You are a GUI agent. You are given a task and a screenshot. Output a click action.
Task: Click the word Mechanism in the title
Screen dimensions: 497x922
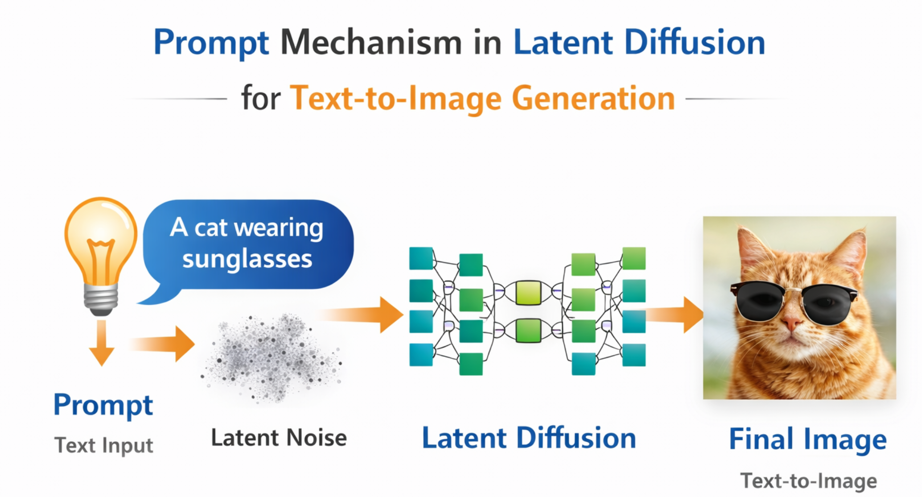(x=370, y=43)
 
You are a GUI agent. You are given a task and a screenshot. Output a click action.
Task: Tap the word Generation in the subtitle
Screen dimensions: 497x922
(x=593, y=98)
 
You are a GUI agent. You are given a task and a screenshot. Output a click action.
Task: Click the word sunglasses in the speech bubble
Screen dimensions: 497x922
(x=247, y=259)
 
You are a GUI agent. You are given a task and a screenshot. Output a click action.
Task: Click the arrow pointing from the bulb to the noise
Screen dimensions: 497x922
(x=165, y=344)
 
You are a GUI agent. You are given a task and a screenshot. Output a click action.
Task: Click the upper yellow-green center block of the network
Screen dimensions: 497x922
(x=528, y=292)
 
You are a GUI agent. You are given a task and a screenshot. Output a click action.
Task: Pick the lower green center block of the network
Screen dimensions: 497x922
(x=528, y=331)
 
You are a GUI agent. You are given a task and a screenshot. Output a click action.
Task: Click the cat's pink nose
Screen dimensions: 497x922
(x=792, y=323)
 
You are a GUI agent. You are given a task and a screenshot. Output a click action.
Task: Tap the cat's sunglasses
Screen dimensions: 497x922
(x=793, y=301)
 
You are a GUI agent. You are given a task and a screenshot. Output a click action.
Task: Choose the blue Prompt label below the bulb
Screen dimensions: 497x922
(x=103, y=405)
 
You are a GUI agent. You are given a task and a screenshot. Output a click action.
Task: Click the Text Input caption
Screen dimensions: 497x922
(x=103, y=445)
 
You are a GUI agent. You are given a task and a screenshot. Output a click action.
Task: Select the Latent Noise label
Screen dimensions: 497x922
(x=279, y=438)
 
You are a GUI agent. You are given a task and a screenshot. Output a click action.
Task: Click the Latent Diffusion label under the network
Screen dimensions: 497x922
(x=529, y=438)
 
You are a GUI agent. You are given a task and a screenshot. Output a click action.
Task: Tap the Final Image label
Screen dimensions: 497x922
(x=807, y=439)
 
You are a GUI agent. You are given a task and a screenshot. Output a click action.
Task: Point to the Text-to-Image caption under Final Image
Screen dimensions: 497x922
(x=808, y=480)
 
